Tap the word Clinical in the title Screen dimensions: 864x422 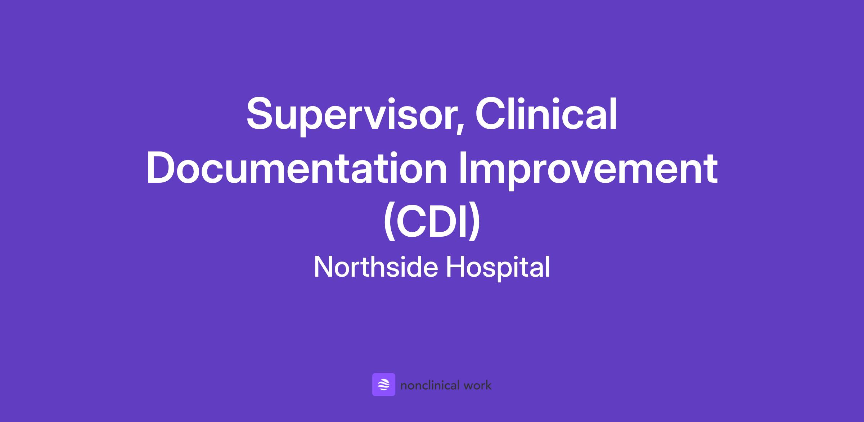[x=546, y=113]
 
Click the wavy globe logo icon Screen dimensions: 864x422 [x=384, y=385]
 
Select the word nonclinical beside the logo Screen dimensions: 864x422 [x=430, y=385]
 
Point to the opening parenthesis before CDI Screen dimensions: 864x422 [x=389, y=223]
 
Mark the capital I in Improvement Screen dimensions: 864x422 [x=462, y=168]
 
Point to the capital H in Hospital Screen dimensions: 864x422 [x=456, y=267]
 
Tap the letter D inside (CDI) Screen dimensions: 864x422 [x=444, y=221]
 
